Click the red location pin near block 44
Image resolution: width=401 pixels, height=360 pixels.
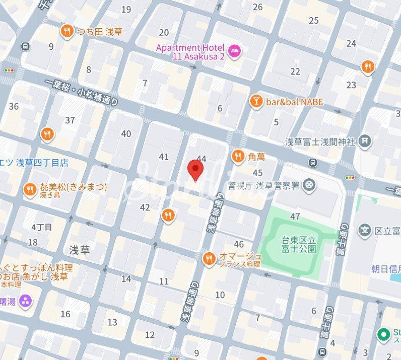pyautogui.click(x=195, y=170)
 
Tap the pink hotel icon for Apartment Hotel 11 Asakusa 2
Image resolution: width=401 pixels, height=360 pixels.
pyautogui.click(x=234, y=50)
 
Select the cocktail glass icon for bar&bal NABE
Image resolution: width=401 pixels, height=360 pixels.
pyautogui.click(x=256, y=102)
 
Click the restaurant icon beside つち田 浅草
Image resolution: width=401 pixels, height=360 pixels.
pyautogui.click(x=66, y=32)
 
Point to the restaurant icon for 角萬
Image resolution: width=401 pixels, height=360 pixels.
pyautogui.click(x=238, y=157)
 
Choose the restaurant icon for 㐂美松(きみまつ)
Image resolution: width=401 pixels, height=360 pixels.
pyautogui.click(x=30, y=190)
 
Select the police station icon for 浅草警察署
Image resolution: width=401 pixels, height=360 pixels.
pyautogui.click(x=309, y=186)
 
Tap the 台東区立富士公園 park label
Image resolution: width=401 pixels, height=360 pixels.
pyautogui.click(x=299, y=244)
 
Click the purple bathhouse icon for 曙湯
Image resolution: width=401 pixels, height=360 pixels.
pyautogui.click(x=25, y=302)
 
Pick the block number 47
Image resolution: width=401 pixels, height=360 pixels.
pyautogui.click(x=295, y=217)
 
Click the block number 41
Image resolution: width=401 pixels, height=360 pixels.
pyautogui.click(x=164, y=157)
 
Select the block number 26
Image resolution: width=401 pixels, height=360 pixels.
pyautogui.click(x=258, y=7)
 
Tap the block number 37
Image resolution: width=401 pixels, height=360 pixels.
pyautogui.click(x=70, y=120)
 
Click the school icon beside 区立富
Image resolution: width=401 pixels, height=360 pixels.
pyautogui.click(x=364, y=230)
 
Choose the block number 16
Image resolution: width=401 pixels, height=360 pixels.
pyautogui.click(x=65, y=314)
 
